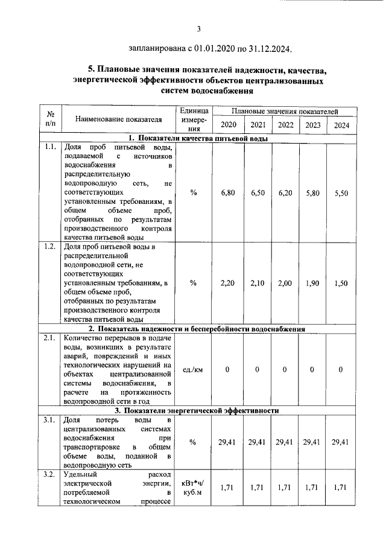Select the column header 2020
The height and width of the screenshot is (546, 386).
click(x=228, y=125)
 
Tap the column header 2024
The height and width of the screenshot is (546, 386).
click(x=340, y=125)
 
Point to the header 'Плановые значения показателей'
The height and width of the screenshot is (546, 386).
click(x=284, y=112)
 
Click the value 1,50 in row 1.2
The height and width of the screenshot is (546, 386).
click(x=340, y=282)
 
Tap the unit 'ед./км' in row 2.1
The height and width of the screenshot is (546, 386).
click(x=193, y=370)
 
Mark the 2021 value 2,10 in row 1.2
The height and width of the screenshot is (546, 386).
click(x=258, y=282)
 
